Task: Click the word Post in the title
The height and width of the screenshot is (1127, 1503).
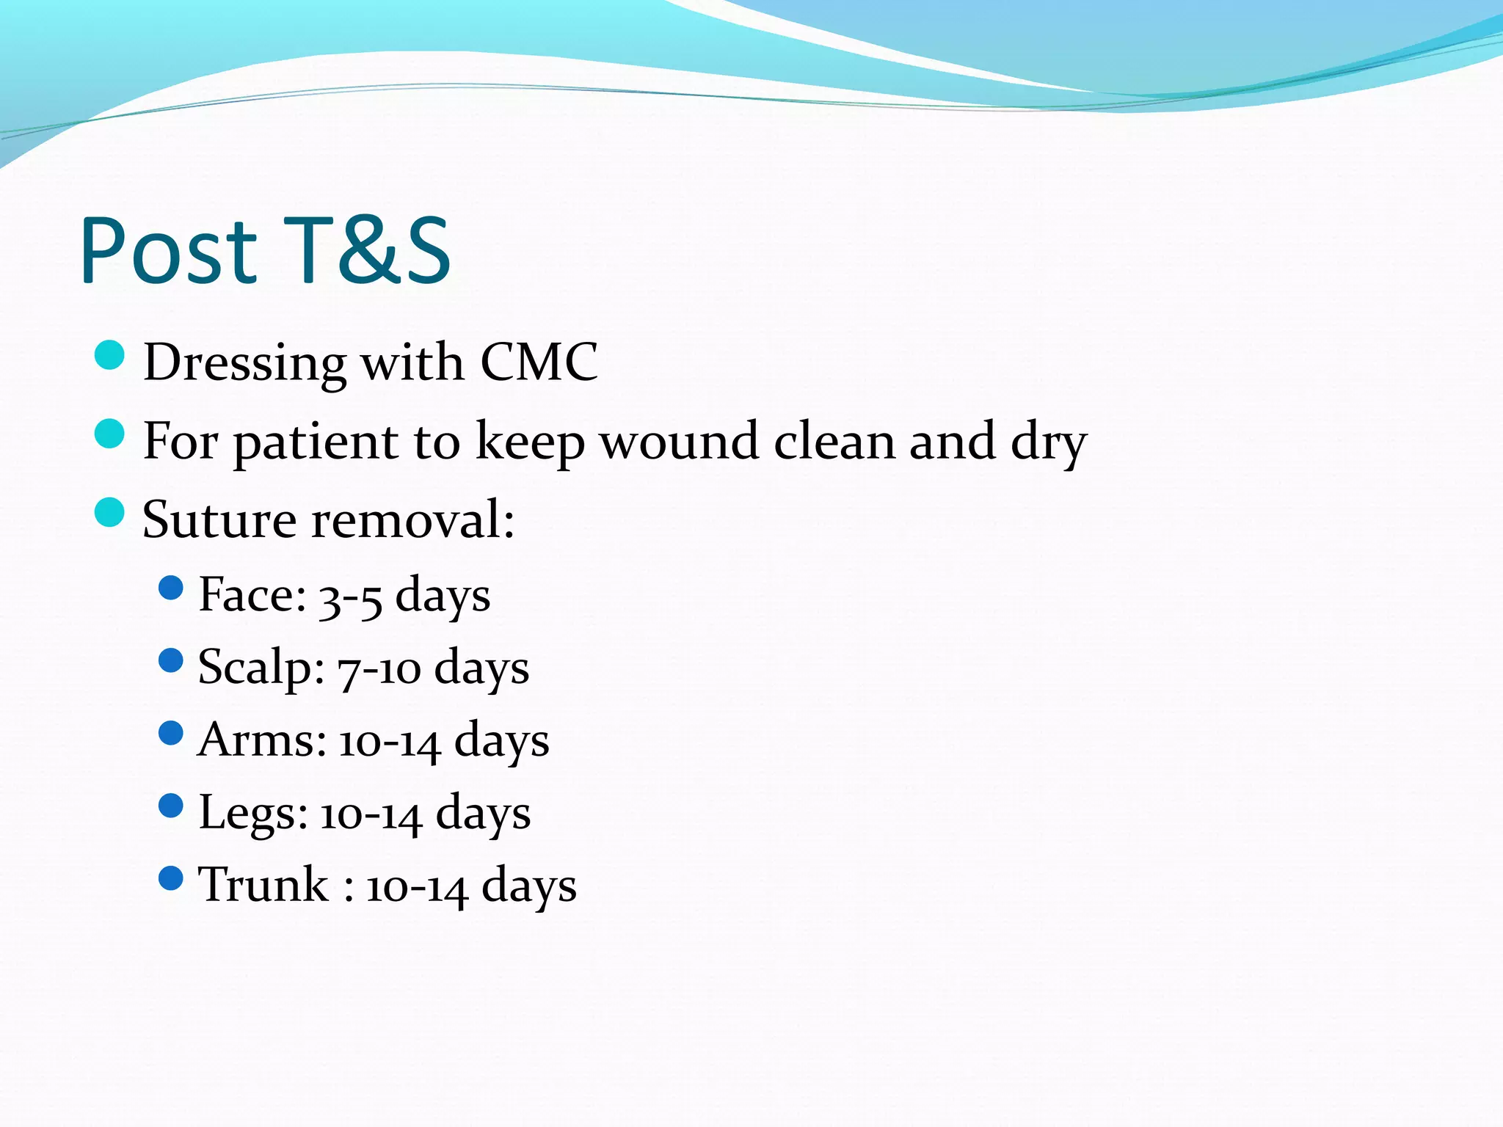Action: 169,251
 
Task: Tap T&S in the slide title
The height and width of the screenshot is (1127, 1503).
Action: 367,251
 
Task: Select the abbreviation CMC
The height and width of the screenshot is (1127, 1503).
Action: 539,362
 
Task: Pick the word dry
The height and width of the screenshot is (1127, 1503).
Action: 1048,442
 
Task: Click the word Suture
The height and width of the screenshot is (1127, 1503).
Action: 219,519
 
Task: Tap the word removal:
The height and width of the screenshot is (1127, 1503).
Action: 413,519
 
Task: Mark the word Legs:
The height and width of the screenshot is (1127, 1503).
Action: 253,813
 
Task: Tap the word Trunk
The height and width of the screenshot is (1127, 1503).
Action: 263,884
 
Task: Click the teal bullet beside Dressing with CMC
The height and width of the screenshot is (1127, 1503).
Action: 110,356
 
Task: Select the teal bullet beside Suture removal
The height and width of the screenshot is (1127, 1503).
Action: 110,512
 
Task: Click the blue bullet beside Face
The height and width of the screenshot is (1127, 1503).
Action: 170,588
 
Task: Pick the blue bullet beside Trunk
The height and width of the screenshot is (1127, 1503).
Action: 170,878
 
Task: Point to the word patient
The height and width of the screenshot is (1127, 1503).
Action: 316,442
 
